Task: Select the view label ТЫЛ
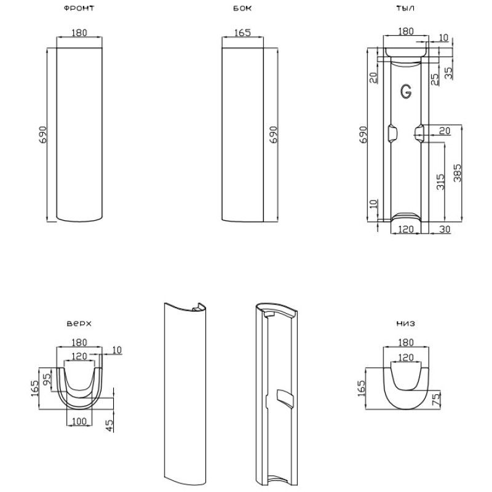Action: (x=405, y=9)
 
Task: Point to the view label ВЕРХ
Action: (x=79, y=323)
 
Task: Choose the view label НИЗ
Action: (x=405, y=323)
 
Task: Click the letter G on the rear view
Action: (x=406, y=91)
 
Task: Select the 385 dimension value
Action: (x=458, y=173)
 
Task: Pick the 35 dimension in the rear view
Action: (x=449, y=73)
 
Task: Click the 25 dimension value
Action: (x=435, y=78)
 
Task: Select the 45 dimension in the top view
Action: (x=109, y=424)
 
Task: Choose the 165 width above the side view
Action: (x=242, y=33)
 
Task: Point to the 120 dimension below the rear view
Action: (x=405, y=229)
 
